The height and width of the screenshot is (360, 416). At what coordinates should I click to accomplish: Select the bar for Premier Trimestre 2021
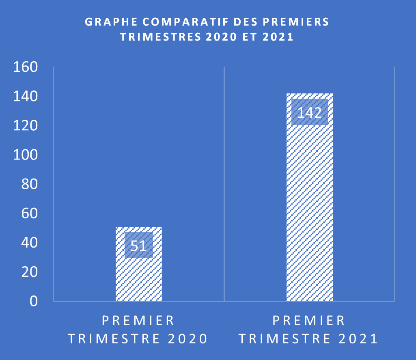click(310, 203)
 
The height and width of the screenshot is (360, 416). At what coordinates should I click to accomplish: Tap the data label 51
click(139, 246)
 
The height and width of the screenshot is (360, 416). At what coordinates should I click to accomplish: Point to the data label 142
click(310, 112)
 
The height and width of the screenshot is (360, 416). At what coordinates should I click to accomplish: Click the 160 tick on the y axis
click(25, 67)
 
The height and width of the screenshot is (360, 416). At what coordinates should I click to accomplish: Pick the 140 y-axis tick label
click(25, 97)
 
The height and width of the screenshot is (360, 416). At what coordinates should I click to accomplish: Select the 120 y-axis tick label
click(25, 126)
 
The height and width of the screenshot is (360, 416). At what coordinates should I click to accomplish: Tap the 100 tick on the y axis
click(25, 155)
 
